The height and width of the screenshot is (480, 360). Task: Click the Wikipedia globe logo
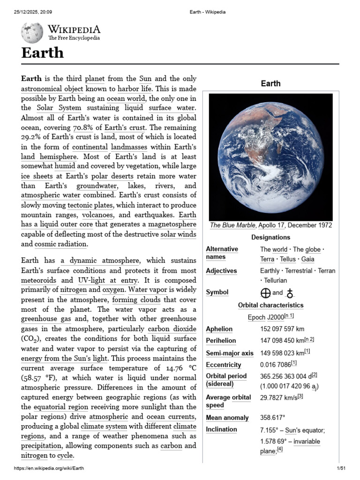point(32,33)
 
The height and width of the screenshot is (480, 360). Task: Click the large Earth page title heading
point(42,52)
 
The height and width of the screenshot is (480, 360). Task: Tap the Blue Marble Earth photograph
point(270,157)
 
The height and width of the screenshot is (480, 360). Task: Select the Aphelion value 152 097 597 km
point(282,329)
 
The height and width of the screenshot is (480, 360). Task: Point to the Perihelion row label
point(221,341)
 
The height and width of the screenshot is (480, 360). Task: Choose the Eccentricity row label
point(224,365)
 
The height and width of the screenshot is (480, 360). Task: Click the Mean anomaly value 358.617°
point(273,417)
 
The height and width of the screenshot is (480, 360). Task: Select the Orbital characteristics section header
point(270,305)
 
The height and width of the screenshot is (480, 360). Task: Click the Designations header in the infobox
point(270,237)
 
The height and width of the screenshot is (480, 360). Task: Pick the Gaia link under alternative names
point(307,259)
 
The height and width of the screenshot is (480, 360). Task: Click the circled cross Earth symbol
point(265,292)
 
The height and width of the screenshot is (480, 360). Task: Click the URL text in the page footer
point(49,468)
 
